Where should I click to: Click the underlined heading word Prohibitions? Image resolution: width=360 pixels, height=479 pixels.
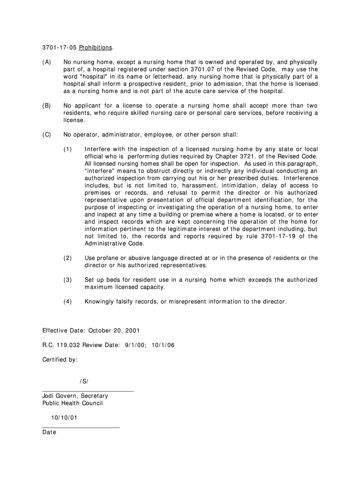pos(95,48)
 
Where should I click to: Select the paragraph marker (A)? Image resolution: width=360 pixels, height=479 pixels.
pos(47,62)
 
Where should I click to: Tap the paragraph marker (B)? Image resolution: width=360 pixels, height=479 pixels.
pos(47,106)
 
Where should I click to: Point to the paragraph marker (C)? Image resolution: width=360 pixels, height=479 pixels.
pos(47,135)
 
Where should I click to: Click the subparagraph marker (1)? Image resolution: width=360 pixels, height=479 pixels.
pos(68,149)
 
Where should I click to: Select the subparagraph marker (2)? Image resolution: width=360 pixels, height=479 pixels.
pos(68,258)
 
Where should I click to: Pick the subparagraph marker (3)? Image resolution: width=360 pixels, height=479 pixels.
pos(68,280)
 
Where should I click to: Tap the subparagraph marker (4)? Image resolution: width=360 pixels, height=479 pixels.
pos(68,302)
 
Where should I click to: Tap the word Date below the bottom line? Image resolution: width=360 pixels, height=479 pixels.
pos(49,432)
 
